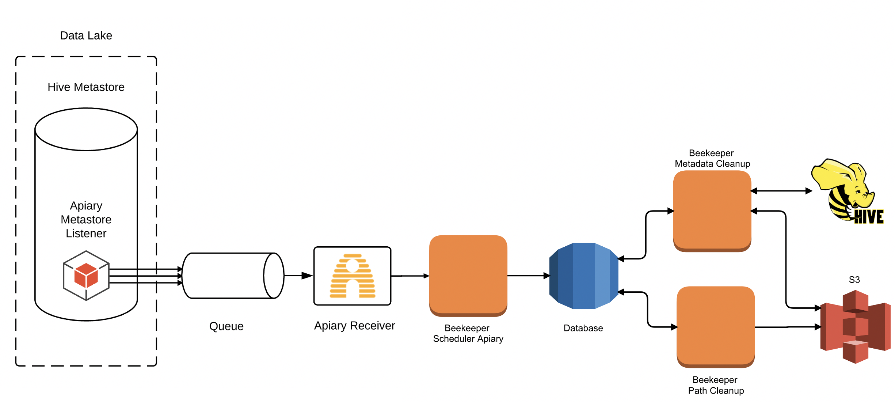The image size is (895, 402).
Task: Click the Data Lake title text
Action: tap(86, 35)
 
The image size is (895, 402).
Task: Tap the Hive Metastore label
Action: tap(86, 87)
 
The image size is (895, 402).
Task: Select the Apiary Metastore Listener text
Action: tap(86, 219)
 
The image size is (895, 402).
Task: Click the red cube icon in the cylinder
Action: tap(86, 276)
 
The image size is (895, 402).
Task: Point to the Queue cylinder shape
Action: tap(233, 276)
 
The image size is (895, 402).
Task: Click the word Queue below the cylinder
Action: tap(226, 326)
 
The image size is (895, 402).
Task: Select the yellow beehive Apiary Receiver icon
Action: tap(353, 276)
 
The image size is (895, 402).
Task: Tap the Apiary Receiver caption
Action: tap(354, 325)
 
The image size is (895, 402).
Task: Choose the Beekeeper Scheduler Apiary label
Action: tap(468, 333)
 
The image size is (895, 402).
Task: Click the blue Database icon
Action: tap(584, 276)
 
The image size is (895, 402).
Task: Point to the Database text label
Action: tap(583, 328)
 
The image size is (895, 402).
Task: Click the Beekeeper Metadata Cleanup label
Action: tap(712, 158)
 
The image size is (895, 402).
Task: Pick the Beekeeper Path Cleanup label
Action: tap(716, 385)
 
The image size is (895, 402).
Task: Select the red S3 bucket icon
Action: tap(855, 326)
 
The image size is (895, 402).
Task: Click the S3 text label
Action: tap(854, 280)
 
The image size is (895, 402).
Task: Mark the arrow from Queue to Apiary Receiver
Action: tap(298, 276)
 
